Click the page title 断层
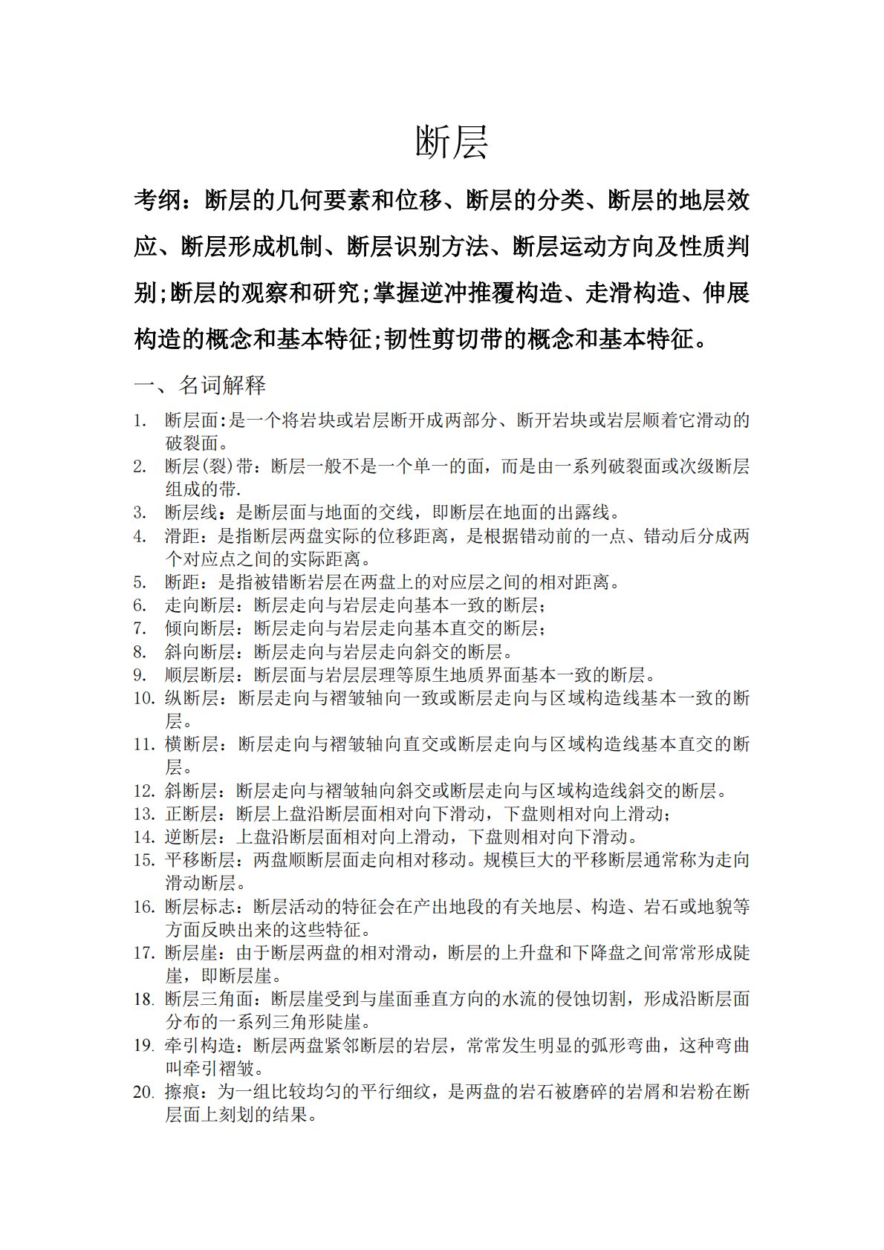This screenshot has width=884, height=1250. point(451,142)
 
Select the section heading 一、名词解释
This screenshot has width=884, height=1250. point(200,385)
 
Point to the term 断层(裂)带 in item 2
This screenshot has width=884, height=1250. point(209,466)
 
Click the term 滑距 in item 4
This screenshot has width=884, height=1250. point(182,536)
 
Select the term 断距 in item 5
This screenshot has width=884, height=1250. point(182,582)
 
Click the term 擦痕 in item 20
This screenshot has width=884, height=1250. point(182,1092)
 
